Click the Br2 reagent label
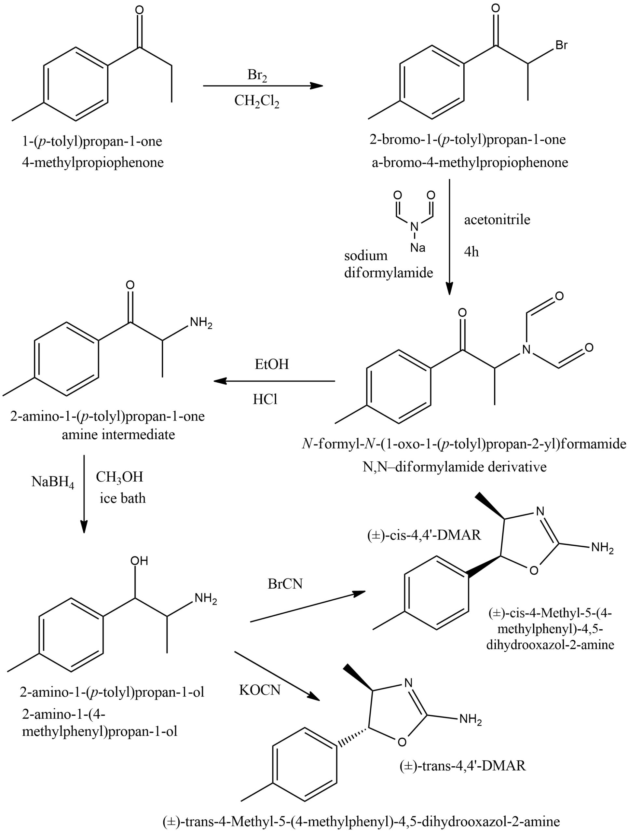[257, 75]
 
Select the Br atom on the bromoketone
[561, 45]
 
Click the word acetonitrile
[497, 220]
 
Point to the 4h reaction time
[471, 251]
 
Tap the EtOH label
[272, 364]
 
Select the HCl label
[265, 399]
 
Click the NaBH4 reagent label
[53, 482]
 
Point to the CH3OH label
[119, 477]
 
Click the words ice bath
[122, 498]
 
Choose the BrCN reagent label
[285, 584]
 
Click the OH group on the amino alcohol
[139, 561]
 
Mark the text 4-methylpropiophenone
[93, 163]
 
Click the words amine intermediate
[118, 435]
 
